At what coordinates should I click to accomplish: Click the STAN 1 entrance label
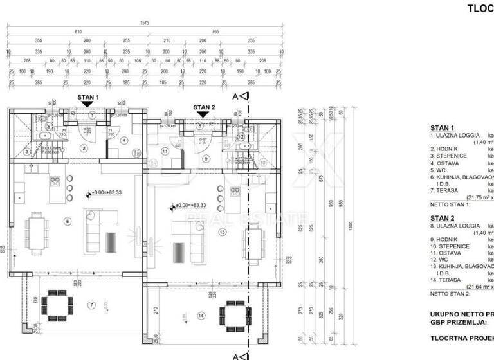(88, 97)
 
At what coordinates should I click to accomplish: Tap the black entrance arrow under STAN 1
(88, 104)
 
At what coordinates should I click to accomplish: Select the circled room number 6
(68, 221)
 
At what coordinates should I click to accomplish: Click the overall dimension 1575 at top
(145, 23)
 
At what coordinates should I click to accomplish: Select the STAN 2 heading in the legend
(442, 218)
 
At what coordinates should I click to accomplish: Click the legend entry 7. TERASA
(444, 191)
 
